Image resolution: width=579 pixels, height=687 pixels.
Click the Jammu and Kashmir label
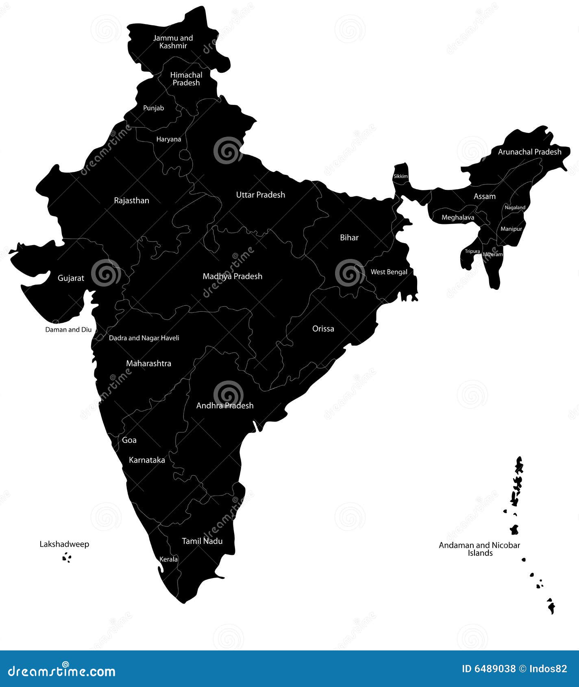click(x=173, y=42)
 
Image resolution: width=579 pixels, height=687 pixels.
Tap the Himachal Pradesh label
click(x=186, y=79)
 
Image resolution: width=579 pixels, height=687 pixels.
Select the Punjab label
click(x=154, y=108)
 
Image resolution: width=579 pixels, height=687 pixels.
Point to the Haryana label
click(x=169, y=139)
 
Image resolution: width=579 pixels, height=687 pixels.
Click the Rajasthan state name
click(x=131, y=201)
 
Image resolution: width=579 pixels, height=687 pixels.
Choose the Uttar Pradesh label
click(x=261, y=195)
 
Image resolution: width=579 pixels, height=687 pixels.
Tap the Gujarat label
click(x=71, y=278)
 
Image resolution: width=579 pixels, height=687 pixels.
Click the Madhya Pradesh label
click(x=233, y=276)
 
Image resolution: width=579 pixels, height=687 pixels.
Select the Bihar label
click(x=349, y=238)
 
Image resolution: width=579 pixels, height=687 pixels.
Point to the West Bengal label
click(x=389, y=272)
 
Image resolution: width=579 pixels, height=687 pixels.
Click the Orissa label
click(x=323, y=329)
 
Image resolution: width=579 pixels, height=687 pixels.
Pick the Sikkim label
click(x=401, y=176)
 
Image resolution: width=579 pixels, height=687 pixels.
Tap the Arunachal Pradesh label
click(x=529, y=152)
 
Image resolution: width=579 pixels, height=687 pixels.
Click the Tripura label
click(x=472, y=251)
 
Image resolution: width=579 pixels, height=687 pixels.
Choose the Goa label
click(x=129, y=440)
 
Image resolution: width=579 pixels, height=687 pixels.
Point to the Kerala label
click(x=168, y=559)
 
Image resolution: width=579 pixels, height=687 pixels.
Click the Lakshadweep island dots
click(x=67, y=558)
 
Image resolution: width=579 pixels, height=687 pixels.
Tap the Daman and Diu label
click(x=68, y=330)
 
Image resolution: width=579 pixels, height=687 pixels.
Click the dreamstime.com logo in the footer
click(x=62, y=671)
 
